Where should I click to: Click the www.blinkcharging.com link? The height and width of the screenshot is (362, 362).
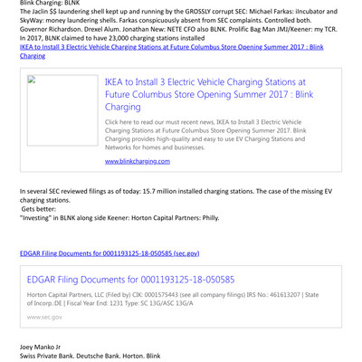tap(138, 160)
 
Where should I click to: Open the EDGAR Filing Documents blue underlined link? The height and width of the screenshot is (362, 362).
tap(110, 253)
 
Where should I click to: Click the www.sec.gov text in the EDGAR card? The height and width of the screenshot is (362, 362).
tap(44, 317)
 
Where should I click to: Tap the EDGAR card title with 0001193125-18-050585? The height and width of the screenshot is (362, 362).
tap(130, 281)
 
